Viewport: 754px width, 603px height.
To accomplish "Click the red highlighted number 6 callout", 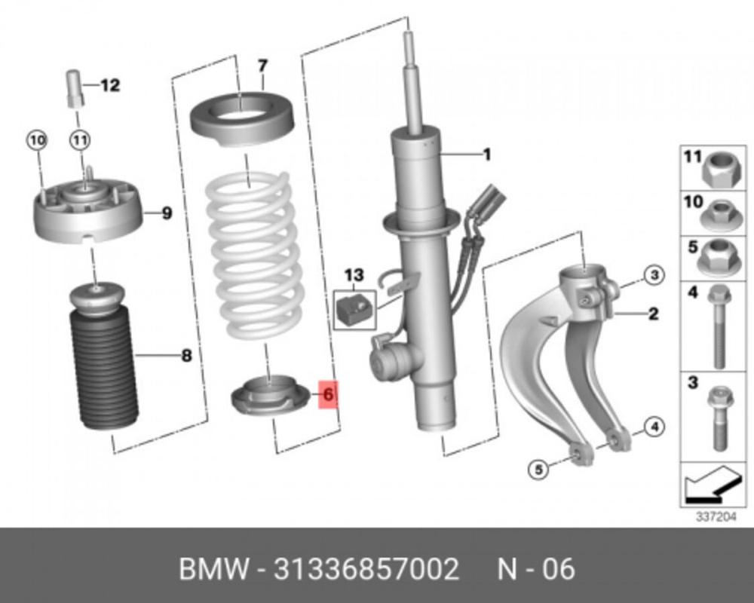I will tap(328, 393).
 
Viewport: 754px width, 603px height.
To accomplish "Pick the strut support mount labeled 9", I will tap(88, 214).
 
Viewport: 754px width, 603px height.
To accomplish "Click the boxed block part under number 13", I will tap(354, 309).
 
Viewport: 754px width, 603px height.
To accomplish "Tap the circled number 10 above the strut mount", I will tap(37, 139).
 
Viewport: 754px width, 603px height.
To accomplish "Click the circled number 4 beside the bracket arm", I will tap(654, 428).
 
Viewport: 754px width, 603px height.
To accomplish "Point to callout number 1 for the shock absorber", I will tap(487, 155).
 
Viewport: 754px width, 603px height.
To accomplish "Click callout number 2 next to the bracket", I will tap(653, 313).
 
